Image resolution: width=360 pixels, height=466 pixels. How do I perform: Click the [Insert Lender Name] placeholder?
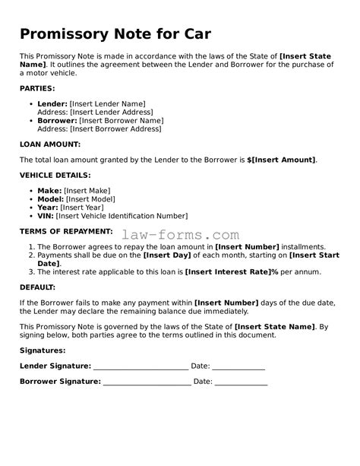[x=107, y=103]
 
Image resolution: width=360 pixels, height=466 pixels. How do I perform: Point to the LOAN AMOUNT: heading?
[x=49, y=144]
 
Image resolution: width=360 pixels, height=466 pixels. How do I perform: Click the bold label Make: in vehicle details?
[x=49, y=190]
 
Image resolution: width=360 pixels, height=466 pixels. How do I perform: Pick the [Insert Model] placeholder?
[x=94, y=198]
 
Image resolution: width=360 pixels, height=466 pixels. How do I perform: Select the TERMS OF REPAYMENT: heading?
[x=66, y=231]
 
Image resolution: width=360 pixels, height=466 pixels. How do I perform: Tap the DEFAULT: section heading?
[x=37, y=287]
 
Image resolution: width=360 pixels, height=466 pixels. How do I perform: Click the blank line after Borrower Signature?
[x=147, y=382]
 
